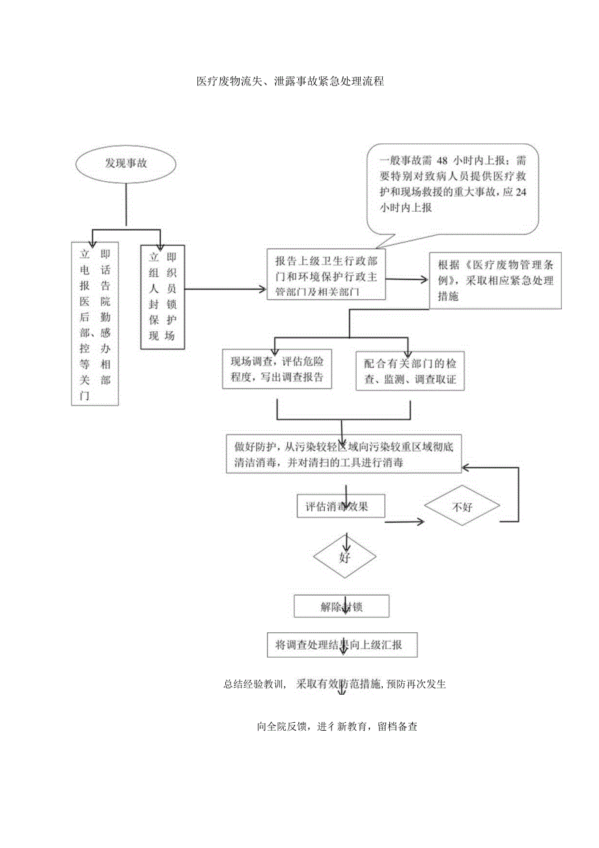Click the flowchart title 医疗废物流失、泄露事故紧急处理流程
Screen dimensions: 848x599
pos(290,81)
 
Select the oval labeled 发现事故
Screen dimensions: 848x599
pos(126,164)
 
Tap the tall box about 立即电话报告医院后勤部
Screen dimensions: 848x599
pos(95,323)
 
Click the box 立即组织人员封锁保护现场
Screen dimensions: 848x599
pos(163,297)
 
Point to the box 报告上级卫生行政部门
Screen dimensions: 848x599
pos(326,274)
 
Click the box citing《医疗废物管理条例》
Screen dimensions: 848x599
pos(495,280)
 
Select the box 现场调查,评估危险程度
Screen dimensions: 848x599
pos(277,370)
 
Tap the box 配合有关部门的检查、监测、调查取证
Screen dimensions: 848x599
pos(410,370)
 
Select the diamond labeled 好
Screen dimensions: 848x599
pos(345,558)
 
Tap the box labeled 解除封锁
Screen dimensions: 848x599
pos(341,606)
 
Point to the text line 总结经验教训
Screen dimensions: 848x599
pos(334,684)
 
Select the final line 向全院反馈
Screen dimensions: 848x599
pos(337,727)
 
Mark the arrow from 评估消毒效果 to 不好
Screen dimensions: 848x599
pos(404,520)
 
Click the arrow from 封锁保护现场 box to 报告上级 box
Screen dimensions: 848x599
pos(225,287)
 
